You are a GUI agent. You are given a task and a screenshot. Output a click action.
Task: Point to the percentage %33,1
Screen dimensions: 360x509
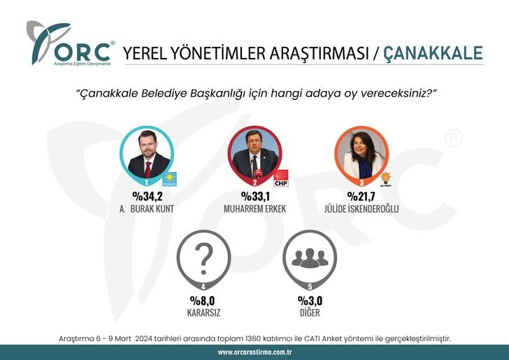pyautogui.click(x=255, y=196)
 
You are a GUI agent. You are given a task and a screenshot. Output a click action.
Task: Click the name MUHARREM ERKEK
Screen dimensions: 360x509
pyautogui.click(x=255, y=208)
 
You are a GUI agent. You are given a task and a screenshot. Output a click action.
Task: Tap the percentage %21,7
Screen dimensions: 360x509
pyautogui.click(x=362, y=196)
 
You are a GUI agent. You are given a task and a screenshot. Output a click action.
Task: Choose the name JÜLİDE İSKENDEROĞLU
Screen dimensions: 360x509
pyautogui.click(x=362, y=208)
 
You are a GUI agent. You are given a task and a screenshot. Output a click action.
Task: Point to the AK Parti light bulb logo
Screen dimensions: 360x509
pyautogui.click(x=385, y=179)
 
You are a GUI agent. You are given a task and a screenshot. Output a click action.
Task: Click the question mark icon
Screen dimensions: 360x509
pyautogui.click(x=204, y=258)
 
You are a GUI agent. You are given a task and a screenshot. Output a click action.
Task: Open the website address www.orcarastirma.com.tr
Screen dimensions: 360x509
pyautogui.click(x=254, y=352)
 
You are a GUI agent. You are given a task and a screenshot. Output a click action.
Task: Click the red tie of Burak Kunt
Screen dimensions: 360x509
pyautogui.click(x=148, y=168)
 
